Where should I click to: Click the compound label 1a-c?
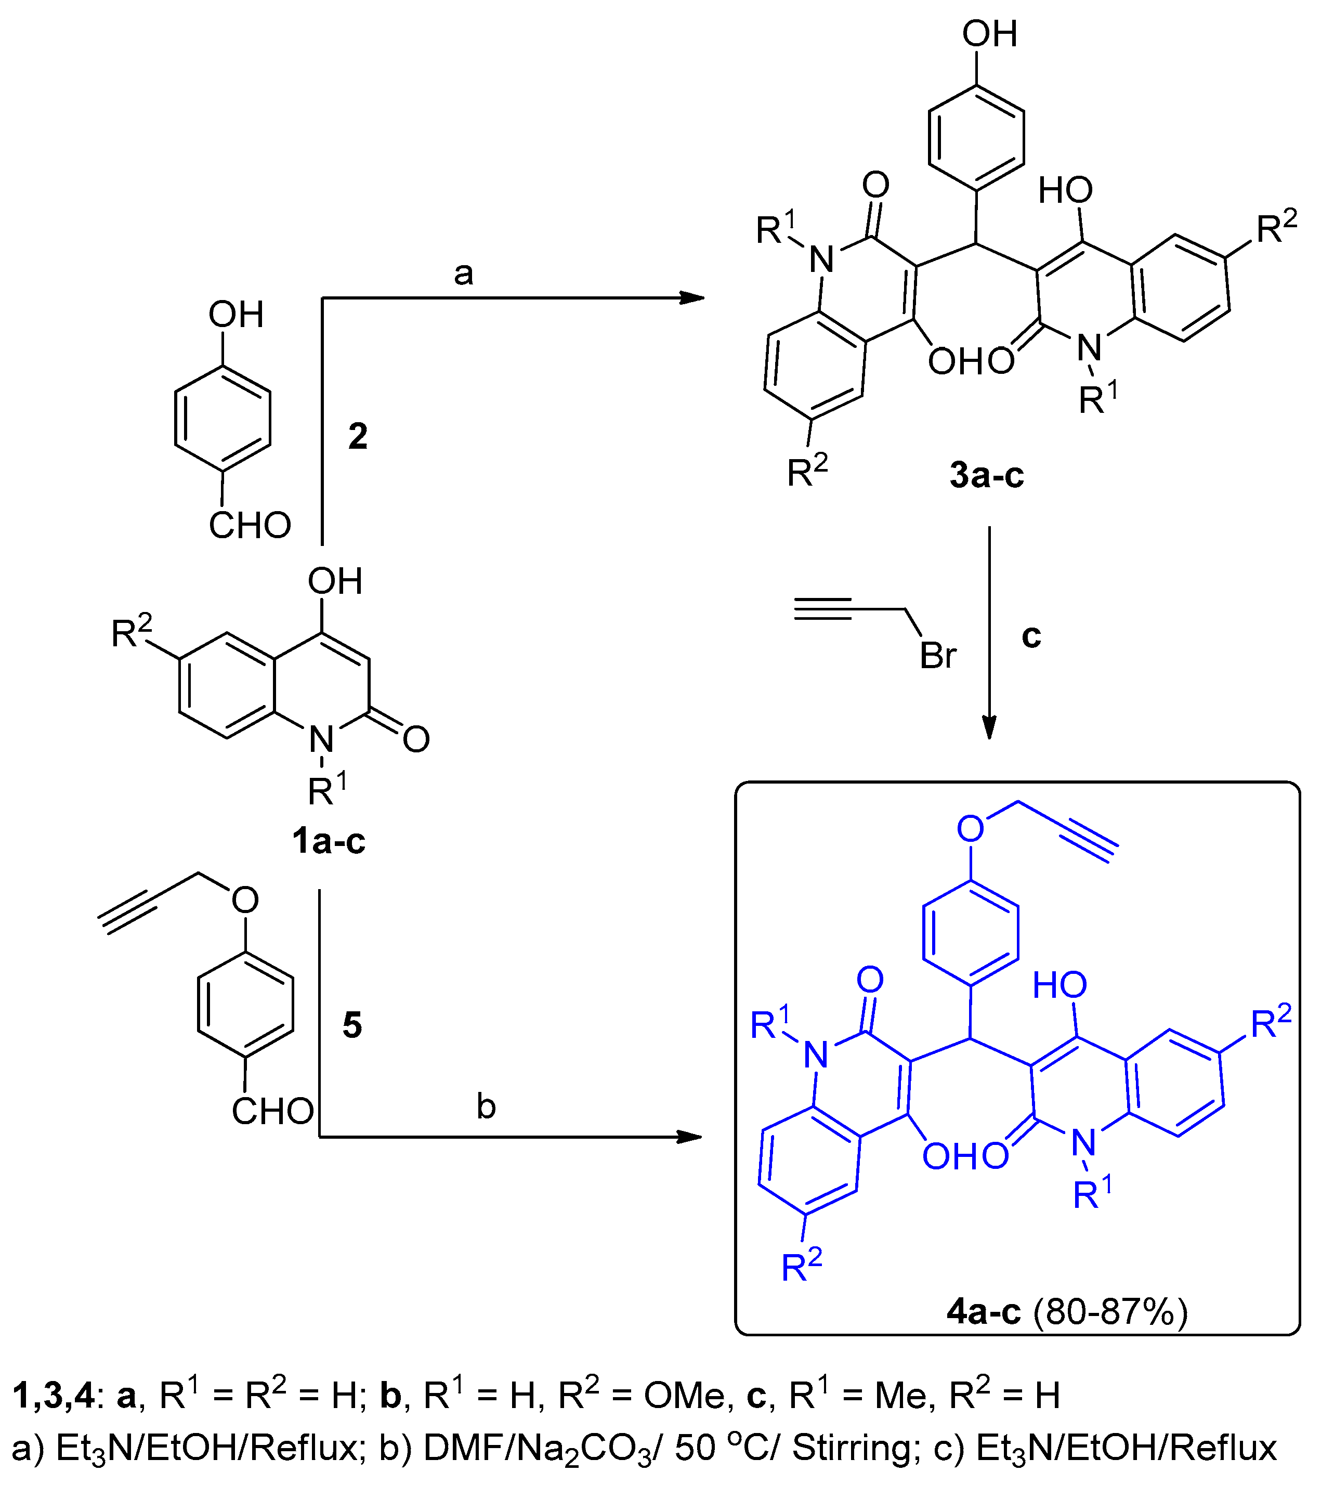point(328,841)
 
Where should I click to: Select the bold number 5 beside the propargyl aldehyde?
point(352,1025)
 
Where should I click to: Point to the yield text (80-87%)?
point(1110,1312)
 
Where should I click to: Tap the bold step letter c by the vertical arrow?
point(1031,636)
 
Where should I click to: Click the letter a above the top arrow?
point(463,275)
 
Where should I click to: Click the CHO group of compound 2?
point(250,525)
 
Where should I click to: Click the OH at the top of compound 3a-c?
point(989,34)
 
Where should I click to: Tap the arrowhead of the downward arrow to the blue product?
point(989,728)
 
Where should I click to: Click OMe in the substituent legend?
point(684,1396)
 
